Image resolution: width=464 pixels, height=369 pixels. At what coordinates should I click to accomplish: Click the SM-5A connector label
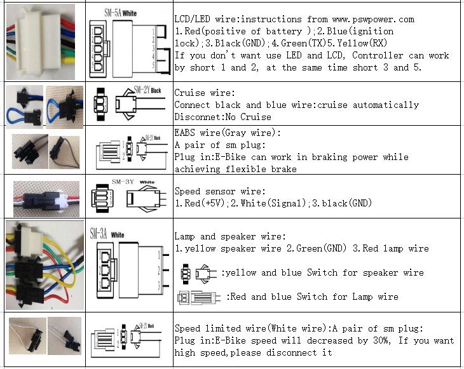click(x=115, y=13)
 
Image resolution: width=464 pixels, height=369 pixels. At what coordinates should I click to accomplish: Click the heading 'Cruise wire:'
click(x=200, y=93)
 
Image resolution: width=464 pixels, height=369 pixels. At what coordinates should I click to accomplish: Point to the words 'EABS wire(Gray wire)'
click(x=227, y=133)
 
